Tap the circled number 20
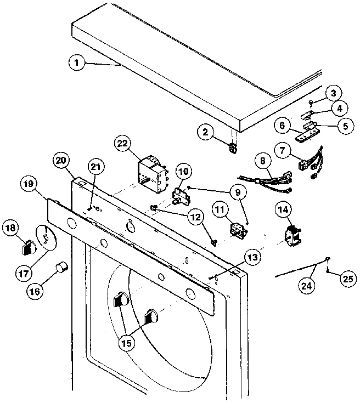(63, 161)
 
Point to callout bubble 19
(31, 184)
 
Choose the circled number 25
(346, 279)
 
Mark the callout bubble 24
(307, 285)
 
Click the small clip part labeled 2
(233, 148)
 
